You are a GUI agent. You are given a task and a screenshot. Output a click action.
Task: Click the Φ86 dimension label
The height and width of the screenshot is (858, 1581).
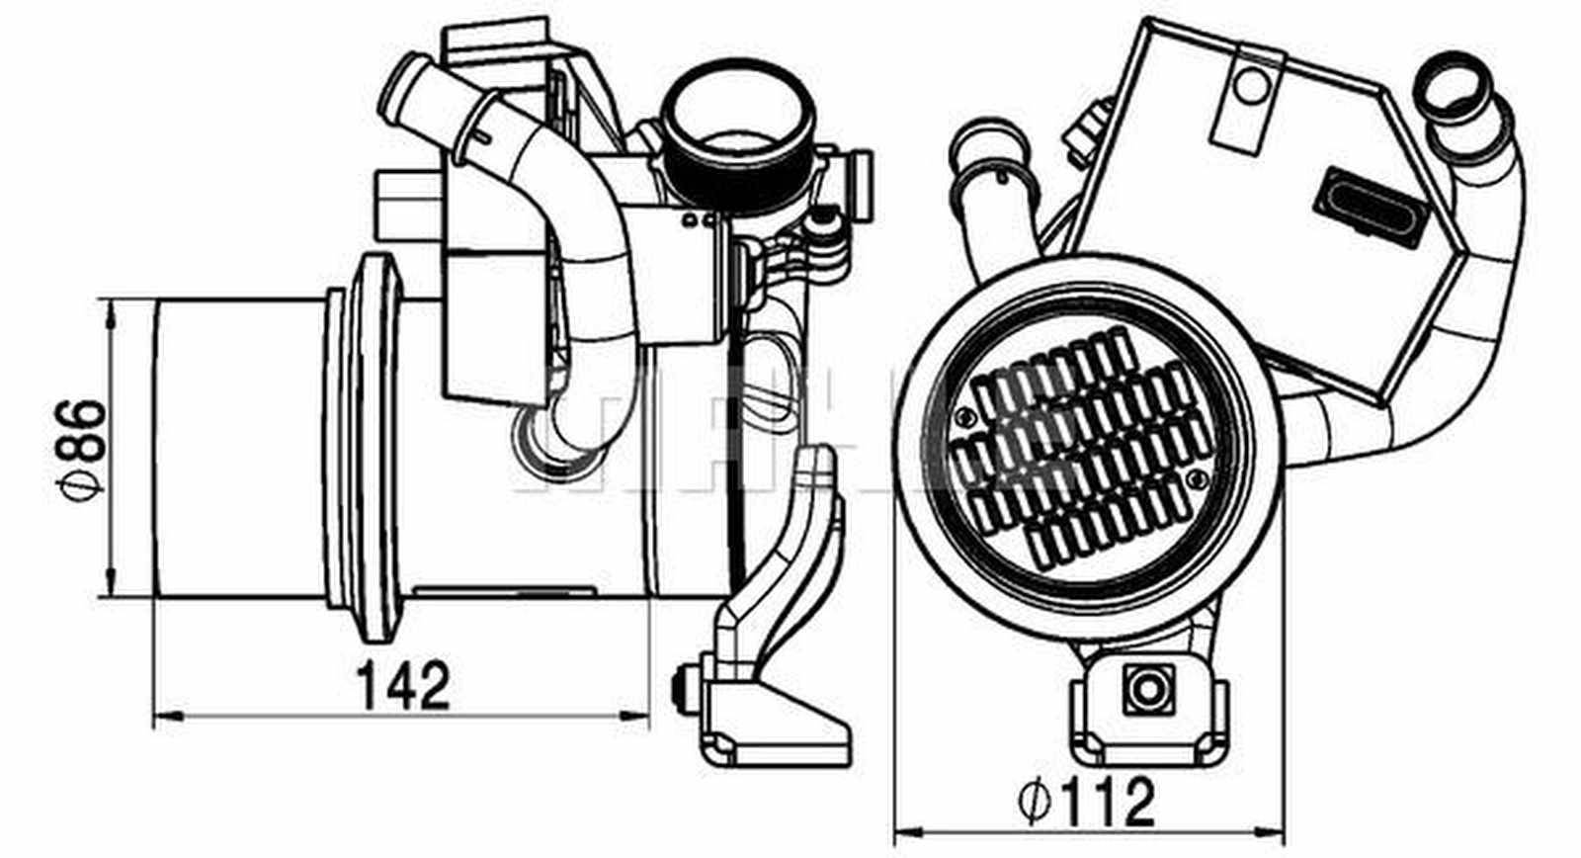[82, 447]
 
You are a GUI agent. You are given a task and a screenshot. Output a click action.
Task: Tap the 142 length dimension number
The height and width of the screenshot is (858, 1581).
[402, 685]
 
